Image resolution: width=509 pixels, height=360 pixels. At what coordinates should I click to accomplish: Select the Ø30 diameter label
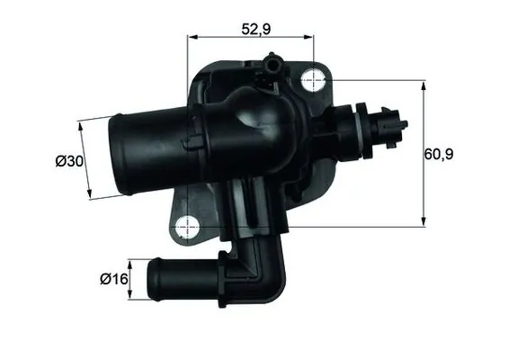[68, 161]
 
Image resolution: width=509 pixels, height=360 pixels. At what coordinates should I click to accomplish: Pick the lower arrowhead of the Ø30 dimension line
[90, 195]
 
